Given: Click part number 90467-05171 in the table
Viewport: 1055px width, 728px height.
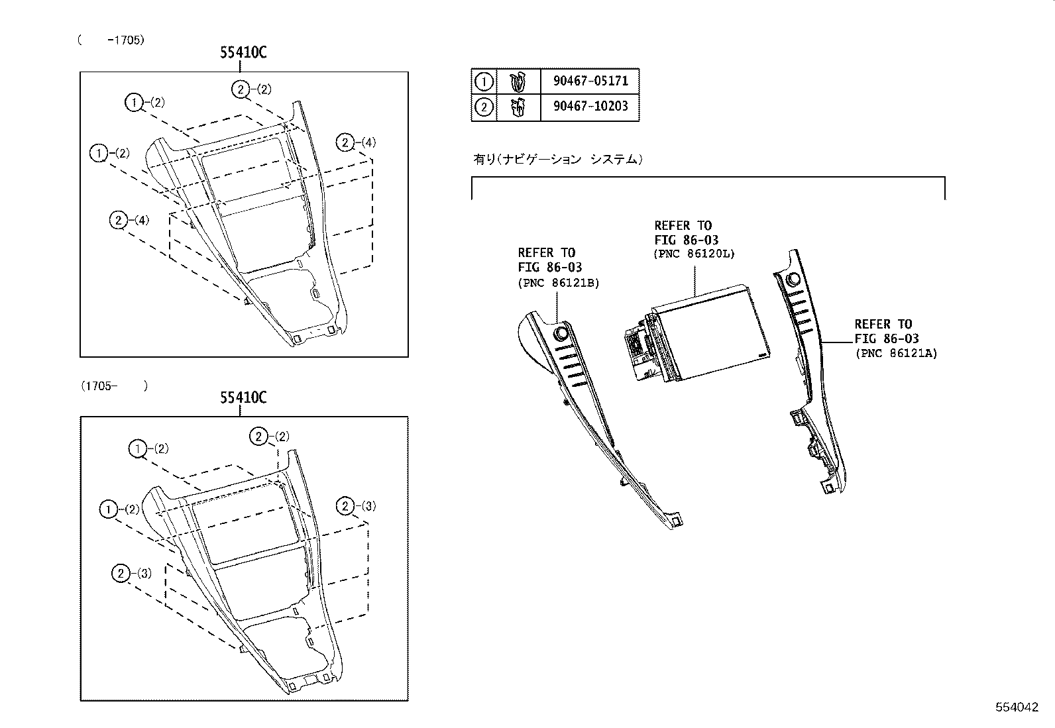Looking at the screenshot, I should (590, 81).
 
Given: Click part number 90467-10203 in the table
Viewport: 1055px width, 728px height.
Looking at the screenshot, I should (590, 107).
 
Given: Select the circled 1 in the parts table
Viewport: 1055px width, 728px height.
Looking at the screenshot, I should (484, 81).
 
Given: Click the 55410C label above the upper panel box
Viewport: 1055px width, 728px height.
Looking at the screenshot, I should (243, 53).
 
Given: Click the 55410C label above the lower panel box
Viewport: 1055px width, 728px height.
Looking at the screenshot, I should (243, 397).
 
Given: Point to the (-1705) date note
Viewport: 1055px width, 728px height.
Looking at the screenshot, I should (111, 40).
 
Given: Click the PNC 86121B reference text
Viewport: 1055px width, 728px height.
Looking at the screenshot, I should (559, 284).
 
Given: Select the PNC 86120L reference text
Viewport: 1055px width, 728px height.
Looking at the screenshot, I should (694, 254).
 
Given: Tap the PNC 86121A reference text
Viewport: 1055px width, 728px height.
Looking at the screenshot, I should (896, 353).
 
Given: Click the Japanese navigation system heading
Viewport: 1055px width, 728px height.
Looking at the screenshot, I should (557, 159).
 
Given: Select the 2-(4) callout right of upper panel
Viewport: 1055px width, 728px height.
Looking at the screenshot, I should (356, 142).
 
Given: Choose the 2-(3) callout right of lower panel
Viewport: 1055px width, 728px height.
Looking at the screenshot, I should (356, 506).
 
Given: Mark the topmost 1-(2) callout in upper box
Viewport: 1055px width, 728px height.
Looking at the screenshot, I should (144, 102).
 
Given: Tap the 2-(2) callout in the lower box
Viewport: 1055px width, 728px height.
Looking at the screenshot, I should (269, 436).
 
